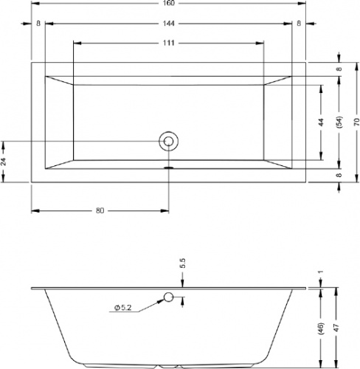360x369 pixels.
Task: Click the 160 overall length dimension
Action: click(x=169, y=3)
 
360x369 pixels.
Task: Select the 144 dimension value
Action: click(x=169, y=24)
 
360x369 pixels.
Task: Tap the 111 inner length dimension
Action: click(x=169, y=43)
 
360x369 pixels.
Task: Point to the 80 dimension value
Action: click(x=100, y=210)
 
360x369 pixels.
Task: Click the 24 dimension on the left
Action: click(x=4, y=162)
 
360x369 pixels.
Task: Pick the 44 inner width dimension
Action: click(x=321, y=123)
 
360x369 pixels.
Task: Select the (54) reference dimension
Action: click(x=339, y=122)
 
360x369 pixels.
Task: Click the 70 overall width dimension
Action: click(x=357, y=123)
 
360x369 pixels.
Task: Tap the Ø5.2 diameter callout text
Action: click(x=123, y=308)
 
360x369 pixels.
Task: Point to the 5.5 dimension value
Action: click(x=183, y=263)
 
